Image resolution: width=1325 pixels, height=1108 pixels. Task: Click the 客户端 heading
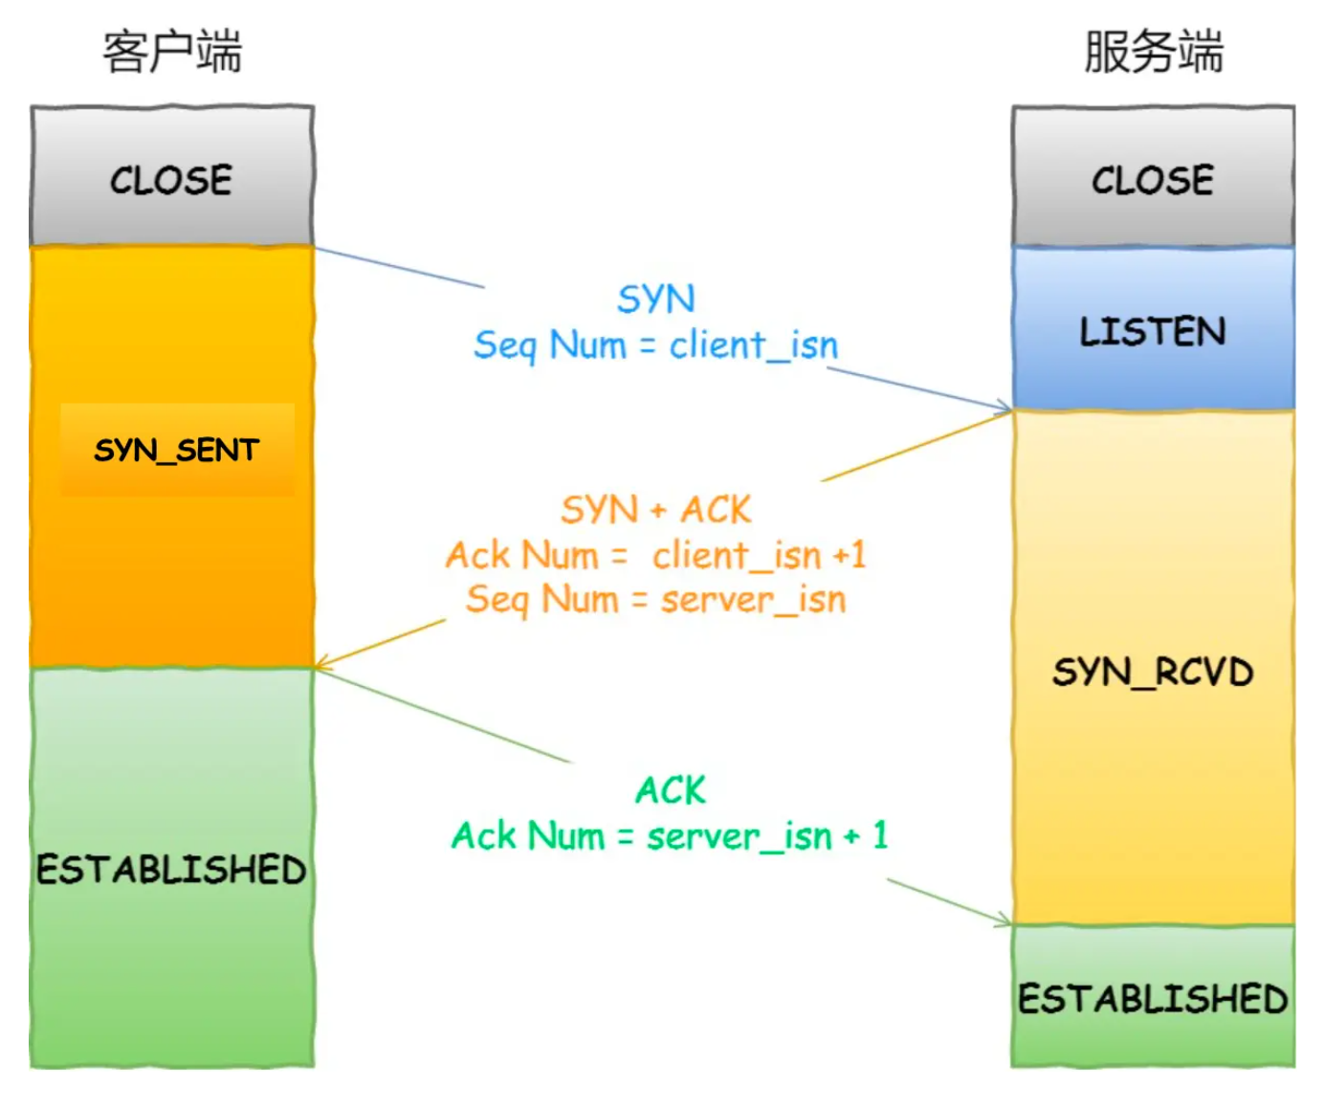click(172, 52)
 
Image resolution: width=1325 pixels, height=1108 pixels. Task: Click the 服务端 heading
click(1153, 52)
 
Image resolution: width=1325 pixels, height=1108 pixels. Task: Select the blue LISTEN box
click(1153, 331)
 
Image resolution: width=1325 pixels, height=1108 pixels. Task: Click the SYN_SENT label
click(177, 450)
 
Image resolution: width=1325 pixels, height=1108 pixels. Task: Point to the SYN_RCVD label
click(1153, 672)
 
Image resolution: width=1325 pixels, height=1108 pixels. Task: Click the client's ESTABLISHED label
click(172, 869)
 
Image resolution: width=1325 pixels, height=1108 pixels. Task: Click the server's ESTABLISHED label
click(1153, 999)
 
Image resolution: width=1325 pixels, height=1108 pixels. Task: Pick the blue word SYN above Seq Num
click(656, 299)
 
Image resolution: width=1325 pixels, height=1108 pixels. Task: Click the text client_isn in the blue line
click(754, 344)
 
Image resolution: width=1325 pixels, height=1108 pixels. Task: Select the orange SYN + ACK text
click(656, 509)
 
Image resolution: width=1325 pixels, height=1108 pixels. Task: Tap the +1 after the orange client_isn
click(850, 555)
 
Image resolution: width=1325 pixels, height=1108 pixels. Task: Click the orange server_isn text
click(754, 600)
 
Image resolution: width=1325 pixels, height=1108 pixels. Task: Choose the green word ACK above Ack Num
click(671, 790)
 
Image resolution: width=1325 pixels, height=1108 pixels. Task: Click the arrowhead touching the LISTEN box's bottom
click(1006, 409)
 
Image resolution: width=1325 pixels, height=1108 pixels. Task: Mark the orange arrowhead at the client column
click(321, 662)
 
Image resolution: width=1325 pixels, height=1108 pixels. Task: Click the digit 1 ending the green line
click(880, 835)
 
